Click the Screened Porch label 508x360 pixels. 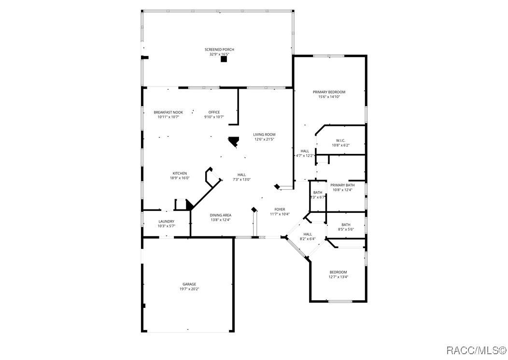(219, 49)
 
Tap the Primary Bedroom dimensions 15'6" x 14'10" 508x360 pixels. (329, 97)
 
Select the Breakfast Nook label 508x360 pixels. (168, 112)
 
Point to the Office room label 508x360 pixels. (214, 112)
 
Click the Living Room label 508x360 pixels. (264, 135)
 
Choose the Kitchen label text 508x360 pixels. (180, 173)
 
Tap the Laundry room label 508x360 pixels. (166, 222)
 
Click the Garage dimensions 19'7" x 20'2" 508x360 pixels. (189, 289)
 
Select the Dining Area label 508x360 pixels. (220, 215)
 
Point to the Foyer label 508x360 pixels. (280, 209)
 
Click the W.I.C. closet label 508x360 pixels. (340, 140)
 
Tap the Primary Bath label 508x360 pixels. (342, 185)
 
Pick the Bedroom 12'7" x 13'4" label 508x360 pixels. (338, 272)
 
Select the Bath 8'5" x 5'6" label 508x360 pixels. (346, 224)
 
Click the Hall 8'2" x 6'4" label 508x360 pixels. (308, 234)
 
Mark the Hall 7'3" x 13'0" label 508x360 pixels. (241, 175)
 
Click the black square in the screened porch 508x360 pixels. (224, 60)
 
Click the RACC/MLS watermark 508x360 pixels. (475, 349)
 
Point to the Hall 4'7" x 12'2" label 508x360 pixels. (305, 151)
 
